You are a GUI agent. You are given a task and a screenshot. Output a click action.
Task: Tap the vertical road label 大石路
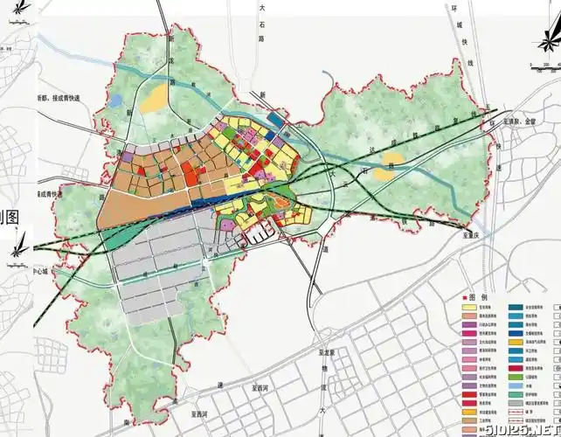pos(260,23)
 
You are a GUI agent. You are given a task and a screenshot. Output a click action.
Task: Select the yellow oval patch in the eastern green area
pos(384,172)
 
